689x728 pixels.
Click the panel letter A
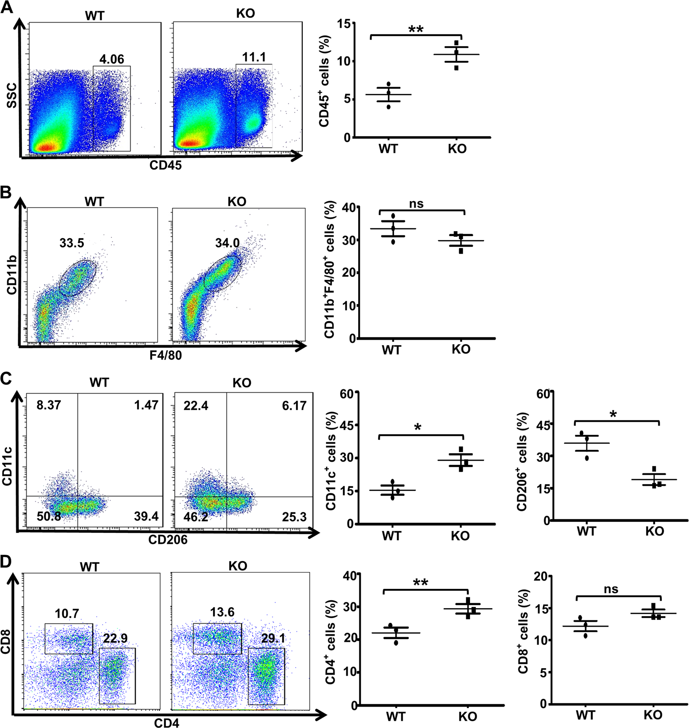tap(7, 7)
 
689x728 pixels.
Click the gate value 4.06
tap(112, 59)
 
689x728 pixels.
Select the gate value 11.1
tap(254, 57)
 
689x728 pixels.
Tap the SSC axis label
tap(12, 96)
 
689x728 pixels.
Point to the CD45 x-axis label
tap(165, 165)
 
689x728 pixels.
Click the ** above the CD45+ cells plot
tap(415, 29)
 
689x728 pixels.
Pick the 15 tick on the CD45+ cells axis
tap(344, 24)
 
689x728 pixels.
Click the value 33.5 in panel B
tap(72, 243)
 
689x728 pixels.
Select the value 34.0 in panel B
tap(227, 243)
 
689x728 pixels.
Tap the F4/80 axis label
tap(165, 356)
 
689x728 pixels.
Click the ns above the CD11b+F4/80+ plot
tap(416, 204)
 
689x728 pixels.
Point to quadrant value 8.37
tap(49, 405)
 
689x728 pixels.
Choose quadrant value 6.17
tap(294, 405)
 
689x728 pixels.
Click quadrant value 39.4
tap(146, 516)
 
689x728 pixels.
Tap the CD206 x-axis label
tap(168, 540)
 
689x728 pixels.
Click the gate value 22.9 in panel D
tap(115, 638)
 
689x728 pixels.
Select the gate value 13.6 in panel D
tap(222, 612)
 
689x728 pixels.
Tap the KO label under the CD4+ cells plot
tap(467, 717)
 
